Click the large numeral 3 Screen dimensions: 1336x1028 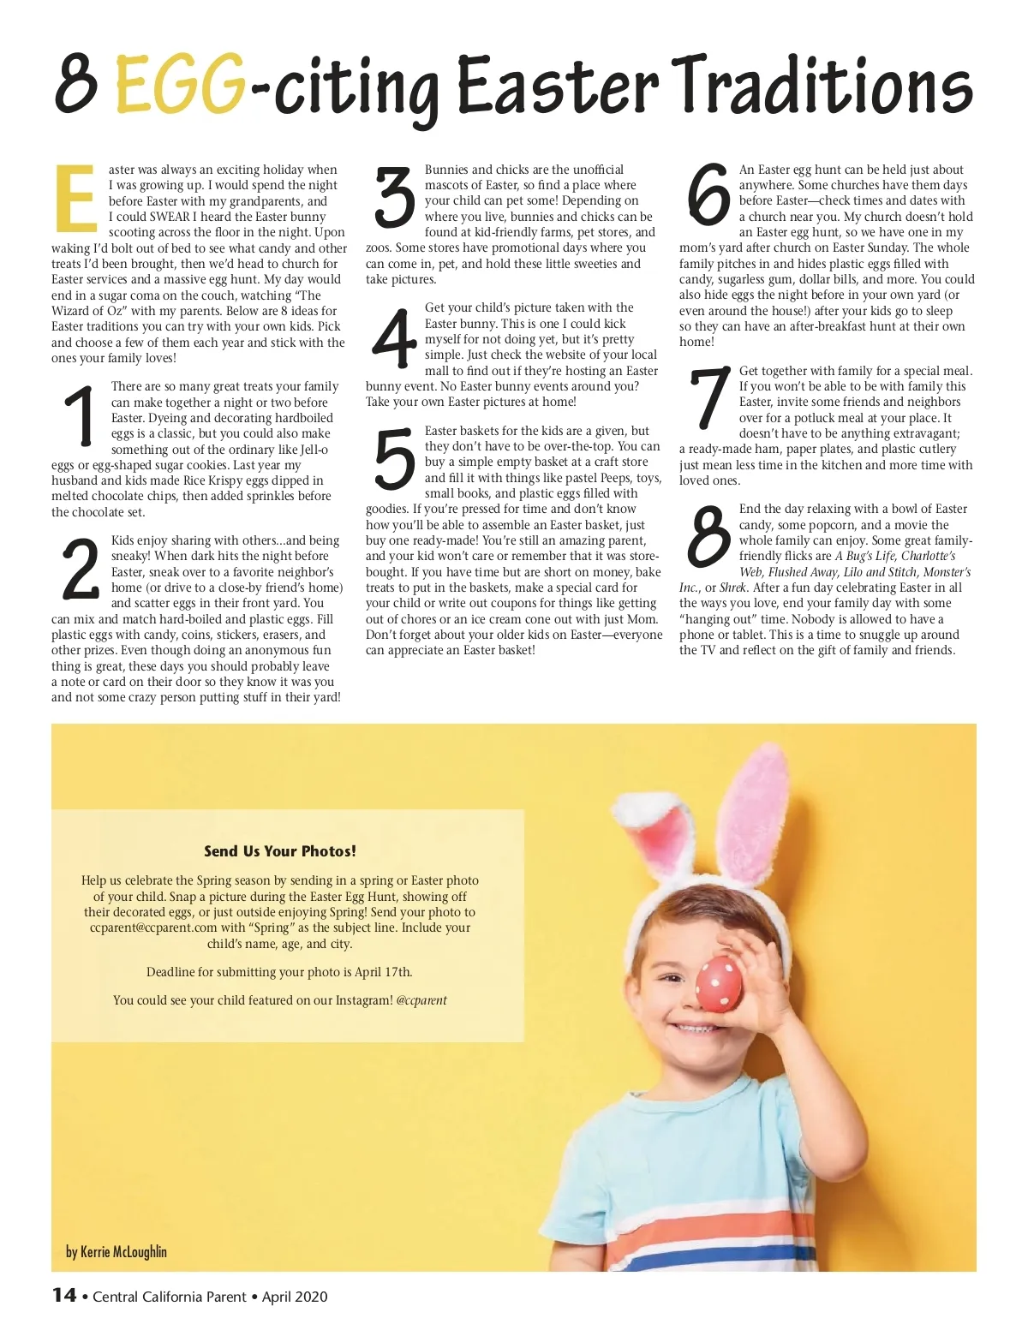pyautogui.click(x=396, y=198)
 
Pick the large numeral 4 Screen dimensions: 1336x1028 pyautogui.click(x=394, y=337)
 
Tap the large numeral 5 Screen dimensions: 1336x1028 pyautogui.click(x=395, y=460)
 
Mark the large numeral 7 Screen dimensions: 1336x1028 pyautogui.click(x=710, y=399)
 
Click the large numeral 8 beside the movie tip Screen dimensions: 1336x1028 pyautogui.click(x=708, y=537)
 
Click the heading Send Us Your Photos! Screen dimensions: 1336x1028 pyautogui.click(x=280, y=851)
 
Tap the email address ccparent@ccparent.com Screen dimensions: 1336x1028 pyautogui.click(x=153, y=927)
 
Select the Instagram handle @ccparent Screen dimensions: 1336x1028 pyautogui.click(x=421, y=1000)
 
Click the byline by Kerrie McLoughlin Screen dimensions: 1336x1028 pyautogui.click(x=117, y=1252)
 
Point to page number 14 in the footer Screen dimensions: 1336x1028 pyautogui.click(x=64, y=1296)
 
